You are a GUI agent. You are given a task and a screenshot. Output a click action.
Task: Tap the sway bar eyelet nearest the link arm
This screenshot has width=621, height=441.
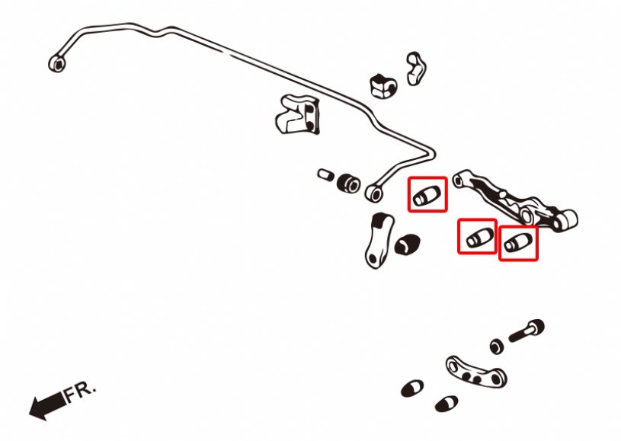pos(373,193)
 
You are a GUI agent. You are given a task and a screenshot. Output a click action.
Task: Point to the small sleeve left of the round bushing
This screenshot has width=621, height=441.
pos(326,174)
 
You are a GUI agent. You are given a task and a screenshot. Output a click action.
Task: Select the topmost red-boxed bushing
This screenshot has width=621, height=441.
pos(427,195)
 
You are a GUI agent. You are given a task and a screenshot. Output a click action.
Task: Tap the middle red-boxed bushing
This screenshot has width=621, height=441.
pos(477,237)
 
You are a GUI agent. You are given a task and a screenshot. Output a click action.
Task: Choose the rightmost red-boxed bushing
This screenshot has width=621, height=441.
pos(517,243)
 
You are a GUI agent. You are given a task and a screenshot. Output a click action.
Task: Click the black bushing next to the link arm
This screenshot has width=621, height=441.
pos(408,244)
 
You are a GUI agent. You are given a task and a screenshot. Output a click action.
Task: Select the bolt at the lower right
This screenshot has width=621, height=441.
pos(527,331)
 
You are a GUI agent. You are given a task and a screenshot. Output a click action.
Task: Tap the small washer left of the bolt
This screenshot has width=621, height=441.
pos(497,347)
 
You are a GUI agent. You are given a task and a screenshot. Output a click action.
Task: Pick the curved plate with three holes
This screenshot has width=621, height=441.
pos(475,371)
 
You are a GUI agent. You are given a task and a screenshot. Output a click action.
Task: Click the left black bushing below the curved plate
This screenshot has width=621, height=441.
pos(412,388)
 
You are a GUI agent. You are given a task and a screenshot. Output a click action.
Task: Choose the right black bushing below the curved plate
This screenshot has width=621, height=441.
pos(446,402)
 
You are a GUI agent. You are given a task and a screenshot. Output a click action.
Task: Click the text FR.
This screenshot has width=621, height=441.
pos(80,391)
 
